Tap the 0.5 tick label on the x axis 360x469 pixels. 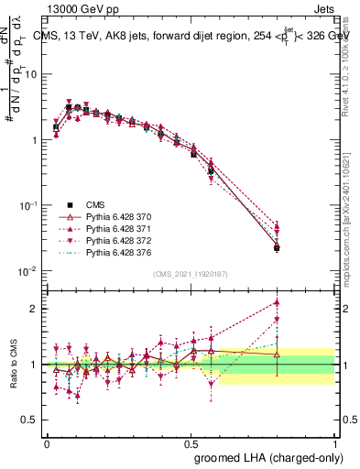[191, 442]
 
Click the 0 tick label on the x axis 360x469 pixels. [47, 442]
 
